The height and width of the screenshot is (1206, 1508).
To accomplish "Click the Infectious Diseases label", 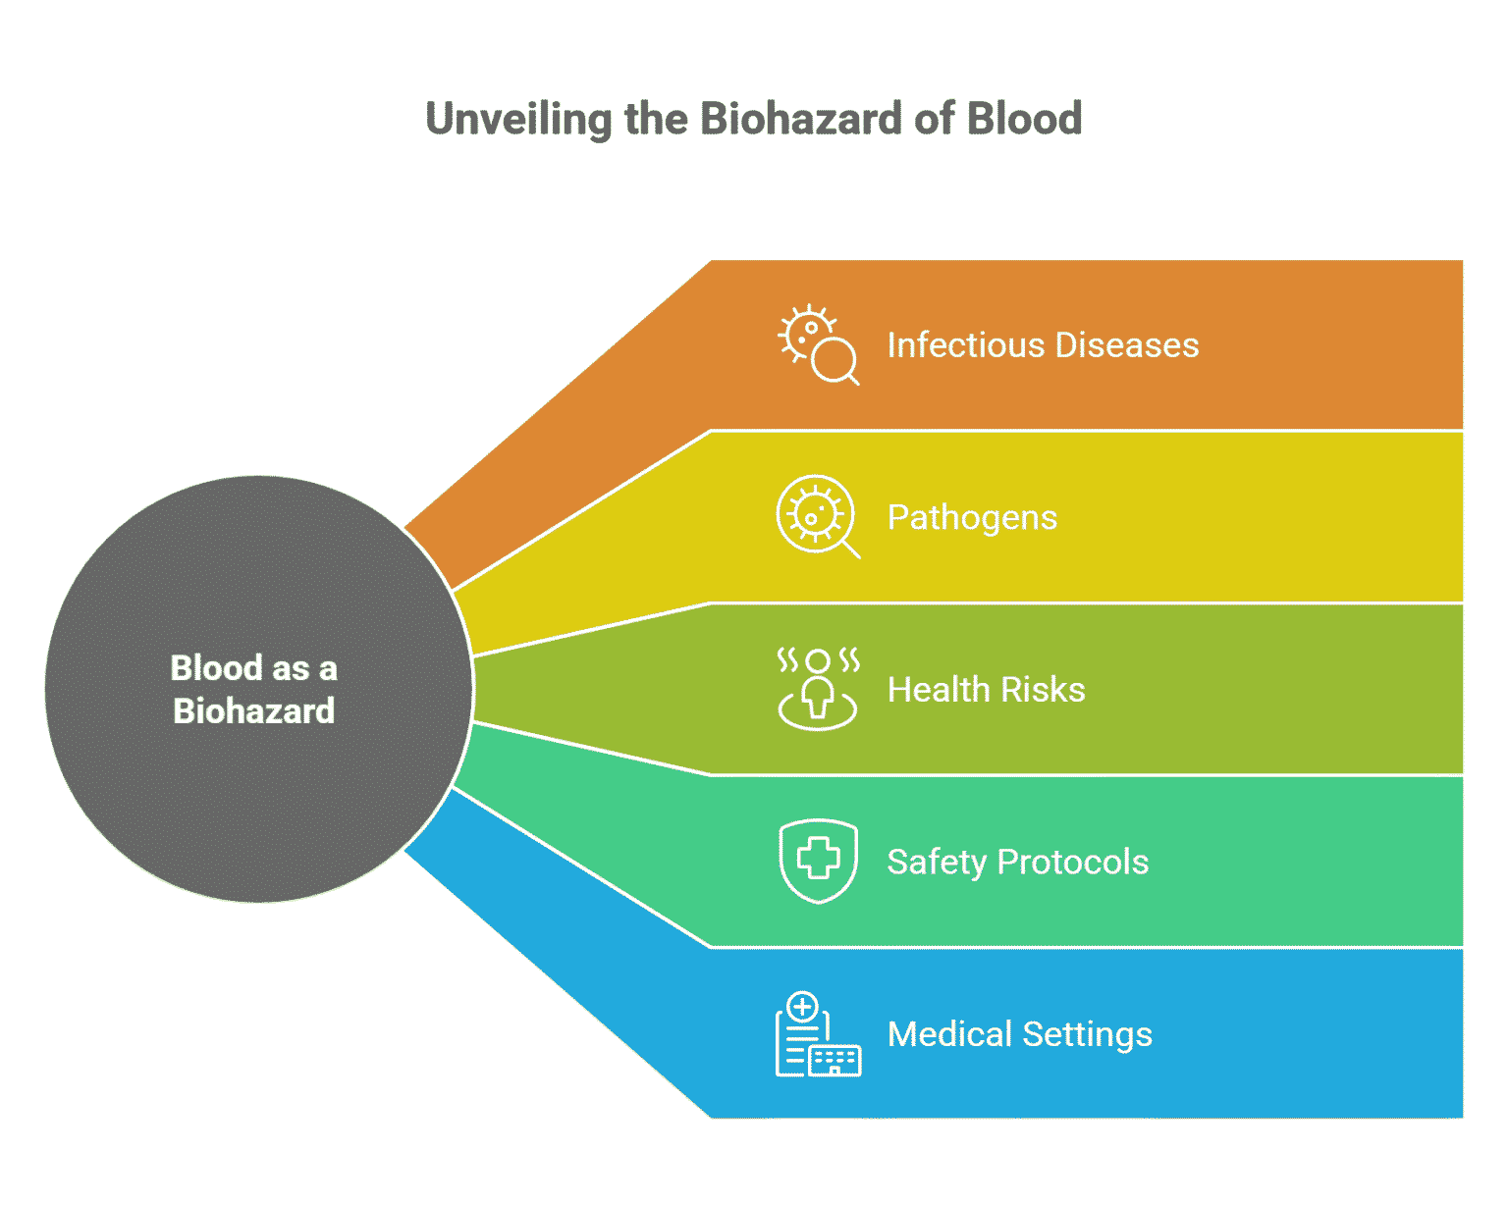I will click(x=1043, y=345).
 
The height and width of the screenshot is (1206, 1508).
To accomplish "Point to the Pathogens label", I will click(x=972, y=517).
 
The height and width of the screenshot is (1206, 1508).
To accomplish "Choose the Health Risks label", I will click(x=986, y=690).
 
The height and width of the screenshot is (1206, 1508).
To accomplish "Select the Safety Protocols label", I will click(x=1017, y=862).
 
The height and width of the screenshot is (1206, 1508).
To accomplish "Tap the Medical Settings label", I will click(x=1019, y=1034).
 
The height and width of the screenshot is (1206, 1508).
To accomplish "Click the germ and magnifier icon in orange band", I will click(x=818, y=344).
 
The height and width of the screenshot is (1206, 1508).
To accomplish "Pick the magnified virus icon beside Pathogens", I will click(x=817, y=516).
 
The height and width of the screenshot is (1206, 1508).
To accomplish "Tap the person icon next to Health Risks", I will click(x=818, y=689).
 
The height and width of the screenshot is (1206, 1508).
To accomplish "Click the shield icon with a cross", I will click(x=818, y=861).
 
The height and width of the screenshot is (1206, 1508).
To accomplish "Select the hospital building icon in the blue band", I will click(x=818, y=1034).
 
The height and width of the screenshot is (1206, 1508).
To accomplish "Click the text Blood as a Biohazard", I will click(x=254, y=689).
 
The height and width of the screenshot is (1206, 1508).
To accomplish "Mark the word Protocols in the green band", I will click(x=1072, y=862).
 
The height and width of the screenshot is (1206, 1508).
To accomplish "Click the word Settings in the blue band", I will click(x=1087, y=1034).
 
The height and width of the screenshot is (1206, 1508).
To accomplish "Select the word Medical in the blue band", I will click(x=949, y=1034).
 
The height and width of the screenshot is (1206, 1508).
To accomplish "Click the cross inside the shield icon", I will click(x=818, y=860).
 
